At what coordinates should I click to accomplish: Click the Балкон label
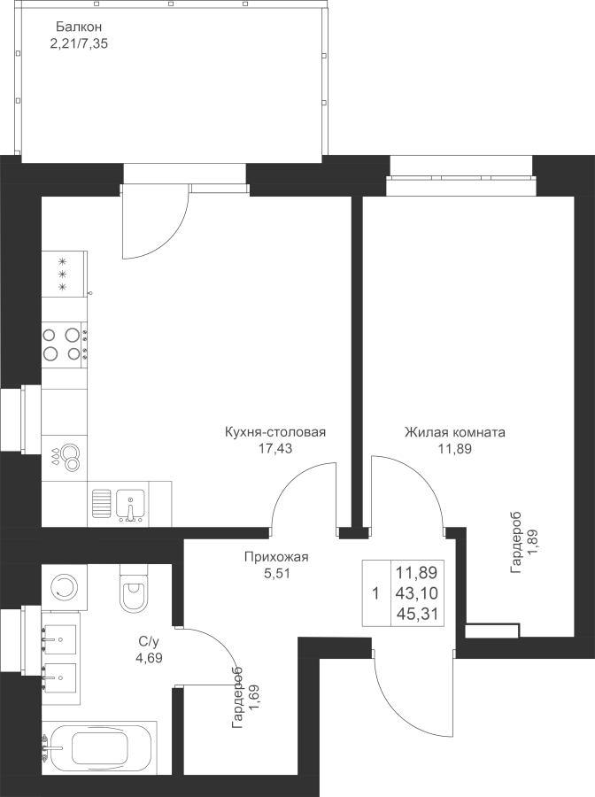pyautogui.click(x=80, y=27)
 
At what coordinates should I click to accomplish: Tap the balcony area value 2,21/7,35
pyautogui.click(x=79, y=43)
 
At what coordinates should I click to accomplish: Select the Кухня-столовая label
pyautogui.click(x=274, y=432)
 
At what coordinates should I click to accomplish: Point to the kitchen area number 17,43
pyautogui.click(x=274, y=448)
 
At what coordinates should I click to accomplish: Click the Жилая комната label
pyautogui.click(x=455, y=432)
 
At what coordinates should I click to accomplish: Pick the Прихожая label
pyautogui.click(x=276, y=557)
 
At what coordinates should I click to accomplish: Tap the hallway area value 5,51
pyautogui.click(x=276, y=573)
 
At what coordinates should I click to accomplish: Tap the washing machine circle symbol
pyautogui.click(x=65, y=587)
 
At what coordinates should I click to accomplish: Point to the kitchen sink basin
pyautogui.click(x=130, y=505)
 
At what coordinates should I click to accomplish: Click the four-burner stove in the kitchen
pyautogui.click(x=65, y=344)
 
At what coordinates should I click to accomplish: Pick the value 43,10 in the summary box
pyautogui.click(x=417, y=593)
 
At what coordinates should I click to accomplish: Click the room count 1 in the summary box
pyautogui.click(x=375, y=593)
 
